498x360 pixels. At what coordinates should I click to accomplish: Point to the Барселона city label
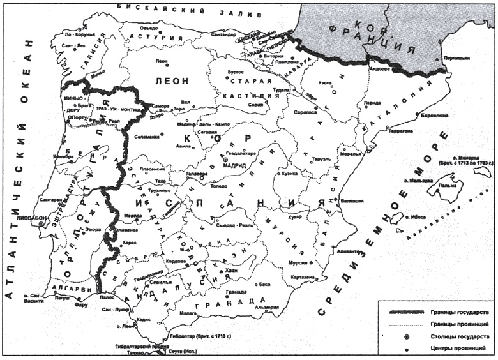[x=434, y=116]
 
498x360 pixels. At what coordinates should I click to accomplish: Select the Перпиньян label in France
[x=458, y=57]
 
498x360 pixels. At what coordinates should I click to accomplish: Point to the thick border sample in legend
[x=407, y=313]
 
